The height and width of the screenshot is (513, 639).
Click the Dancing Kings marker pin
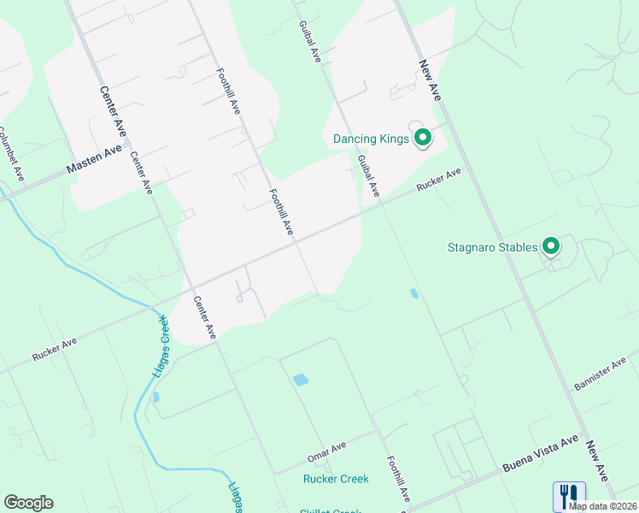pos(422,137)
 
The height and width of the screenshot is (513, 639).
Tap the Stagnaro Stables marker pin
pos(551,246)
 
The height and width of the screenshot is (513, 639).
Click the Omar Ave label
pos(326,452)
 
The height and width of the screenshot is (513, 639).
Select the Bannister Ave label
pos(601,374)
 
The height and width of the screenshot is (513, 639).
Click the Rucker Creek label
pos(336,479)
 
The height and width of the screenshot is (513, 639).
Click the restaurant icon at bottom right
pos(569,493)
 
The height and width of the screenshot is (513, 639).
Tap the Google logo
pos(28,502)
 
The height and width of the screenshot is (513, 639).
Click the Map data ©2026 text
pos(603,506)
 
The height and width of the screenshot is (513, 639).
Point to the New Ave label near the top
pos(428,80)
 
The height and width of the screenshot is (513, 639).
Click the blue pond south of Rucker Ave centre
pos(300,379)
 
